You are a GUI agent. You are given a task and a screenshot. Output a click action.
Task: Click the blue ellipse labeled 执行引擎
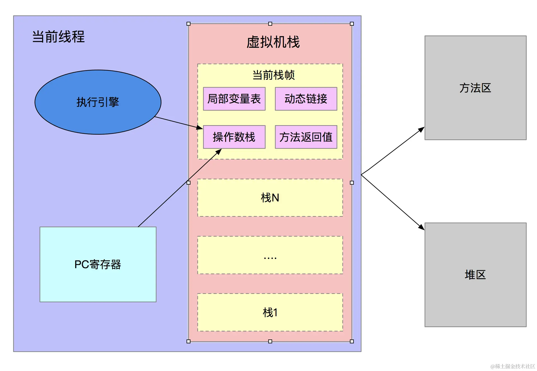(98, 102)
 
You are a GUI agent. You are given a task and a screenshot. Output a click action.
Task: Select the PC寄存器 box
(98, 264)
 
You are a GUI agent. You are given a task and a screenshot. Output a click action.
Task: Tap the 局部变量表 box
(234, 99)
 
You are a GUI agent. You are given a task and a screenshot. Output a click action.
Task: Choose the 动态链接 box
(306, 99)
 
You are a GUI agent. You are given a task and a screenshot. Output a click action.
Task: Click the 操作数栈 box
(234, 137)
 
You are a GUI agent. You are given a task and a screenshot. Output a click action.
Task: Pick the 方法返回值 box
(306, 137)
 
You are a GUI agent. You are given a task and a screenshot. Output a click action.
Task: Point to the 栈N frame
(270, 198)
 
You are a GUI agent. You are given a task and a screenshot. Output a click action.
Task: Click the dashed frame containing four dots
(270, 255)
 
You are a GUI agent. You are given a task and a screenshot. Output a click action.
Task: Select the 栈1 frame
(270, 312)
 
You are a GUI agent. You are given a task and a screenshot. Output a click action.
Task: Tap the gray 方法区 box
(475, 88)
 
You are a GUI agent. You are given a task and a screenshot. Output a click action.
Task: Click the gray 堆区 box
(475, 275)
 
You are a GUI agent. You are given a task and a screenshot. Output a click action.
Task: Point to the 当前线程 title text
(58, 37)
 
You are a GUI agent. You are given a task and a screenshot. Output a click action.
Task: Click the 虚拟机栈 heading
(273, 42)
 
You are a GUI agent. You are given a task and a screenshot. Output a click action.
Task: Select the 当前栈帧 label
(273, 75)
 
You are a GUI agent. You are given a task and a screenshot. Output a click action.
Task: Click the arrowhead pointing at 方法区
(421, 130)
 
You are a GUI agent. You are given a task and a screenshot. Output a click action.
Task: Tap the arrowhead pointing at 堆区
(421, 227)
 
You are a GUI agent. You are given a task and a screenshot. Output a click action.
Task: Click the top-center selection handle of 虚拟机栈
(270, 24)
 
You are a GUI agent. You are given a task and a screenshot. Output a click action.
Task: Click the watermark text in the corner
(512, 366)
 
